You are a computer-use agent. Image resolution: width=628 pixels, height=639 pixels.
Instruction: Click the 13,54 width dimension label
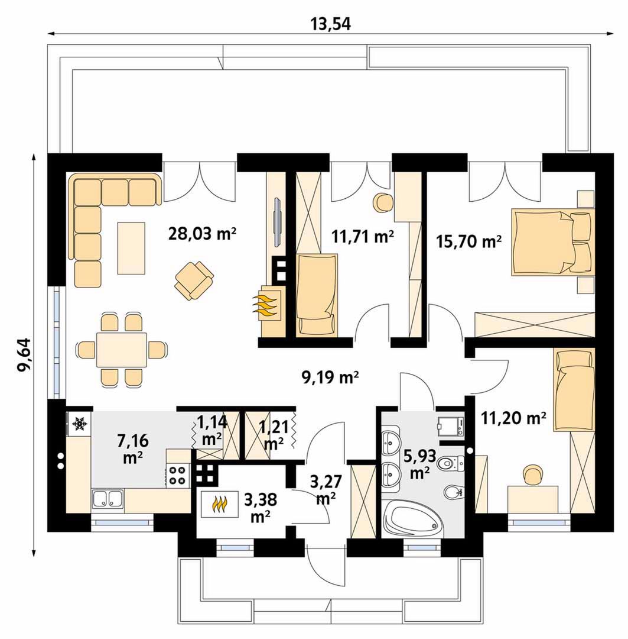(x=330, y=24)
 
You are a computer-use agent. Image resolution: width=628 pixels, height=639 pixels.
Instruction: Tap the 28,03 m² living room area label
(x=202, y=234)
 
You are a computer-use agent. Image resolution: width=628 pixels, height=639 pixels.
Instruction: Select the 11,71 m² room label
(x=363, y=236)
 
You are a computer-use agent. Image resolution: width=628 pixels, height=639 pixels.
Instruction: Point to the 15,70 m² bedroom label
(x=468, y=241)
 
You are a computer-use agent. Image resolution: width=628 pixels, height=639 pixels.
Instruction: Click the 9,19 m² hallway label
(x=330, y=377)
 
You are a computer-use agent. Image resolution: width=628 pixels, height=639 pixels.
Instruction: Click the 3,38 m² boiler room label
(x=261, y=508)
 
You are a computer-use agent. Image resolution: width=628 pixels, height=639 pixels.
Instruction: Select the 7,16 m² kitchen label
(x=133, y=448)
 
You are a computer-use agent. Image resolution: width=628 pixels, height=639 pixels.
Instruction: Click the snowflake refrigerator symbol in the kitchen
(x=79, y=424)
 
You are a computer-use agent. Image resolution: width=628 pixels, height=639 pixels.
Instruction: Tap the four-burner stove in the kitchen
(x=178, y=475)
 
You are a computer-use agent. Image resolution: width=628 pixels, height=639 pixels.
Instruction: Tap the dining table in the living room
(x=121, y=350)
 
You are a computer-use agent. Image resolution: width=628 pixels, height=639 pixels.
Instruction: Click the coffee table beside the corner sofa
(x=131, y=248)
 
